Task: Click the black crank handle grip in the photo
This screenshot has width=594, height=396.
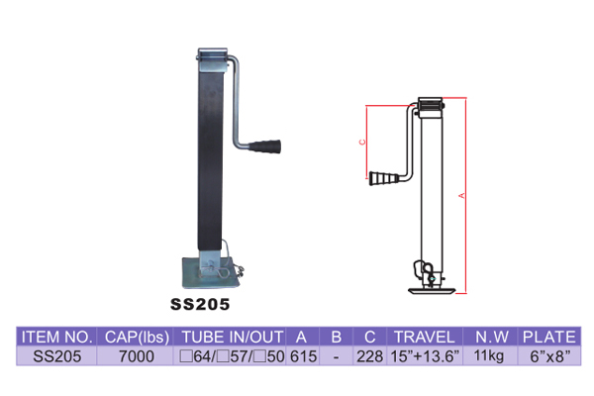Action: [264, 147]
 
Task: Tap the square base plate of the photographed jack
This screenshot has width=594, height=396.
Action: [211, 273]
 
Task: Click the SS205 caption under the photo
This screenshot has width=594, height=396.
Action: [200, 304]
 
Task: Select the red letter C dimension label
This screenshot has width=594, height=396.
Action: [362, 143]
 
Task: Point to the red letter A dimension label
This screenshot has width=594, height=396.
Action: [461, 196]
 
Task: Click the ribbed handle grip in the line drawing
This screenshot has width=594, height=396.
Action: [383, 178]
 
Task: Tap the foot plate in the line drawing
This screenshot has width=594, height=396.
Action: [432, 291]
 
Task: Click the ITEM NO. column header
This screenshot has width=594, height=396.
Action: [56, 337]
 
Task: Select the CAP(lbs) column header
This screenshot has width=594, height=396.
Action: [137, 338]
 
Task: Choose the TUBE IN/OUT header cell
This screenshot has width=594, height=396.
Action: [233, 337]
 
